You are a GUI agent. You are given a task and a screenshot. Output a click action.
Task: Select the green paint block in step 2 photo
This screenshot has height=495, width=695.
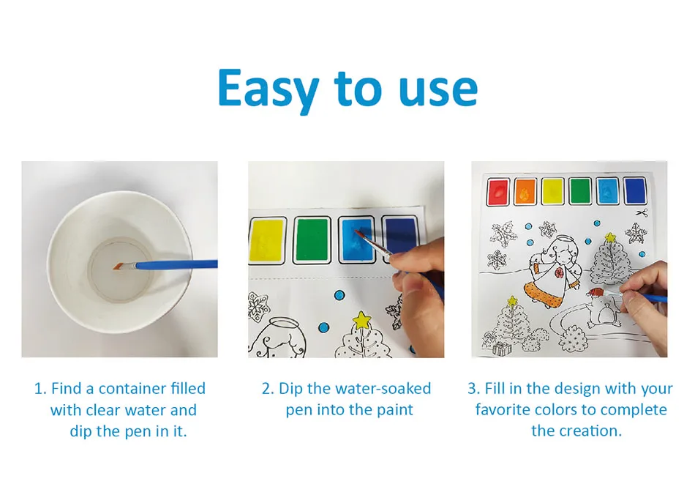(x=312, y=239)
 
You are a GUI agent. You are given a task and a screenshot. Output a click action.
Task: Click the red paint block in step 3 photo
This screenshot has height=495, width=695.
(x=498, y=193)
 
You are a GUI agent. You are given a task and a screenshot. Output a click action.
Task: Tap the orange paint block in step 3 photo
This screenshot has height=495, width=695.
(x=525, y=193)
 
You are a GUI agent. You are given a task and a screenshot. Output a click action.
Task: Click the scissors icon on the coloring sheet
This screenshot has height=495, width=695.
(x=642, y=213)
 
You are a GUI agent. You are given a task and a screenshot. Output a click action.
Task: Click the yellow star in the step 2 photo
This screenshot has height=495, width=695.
(x=361, y=320)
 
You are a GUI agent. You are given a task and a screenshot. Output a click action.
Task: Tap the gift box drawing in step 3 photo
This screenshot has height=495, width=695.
(x=500, y=349)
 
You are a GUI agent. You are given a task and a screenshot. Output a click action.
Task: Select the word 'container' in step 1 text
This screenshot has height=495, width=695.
(x=132, y=389)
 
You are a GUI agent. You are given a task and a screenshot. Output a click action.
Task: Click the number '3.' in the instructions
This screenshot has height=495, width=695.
(x=474, y=389)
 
